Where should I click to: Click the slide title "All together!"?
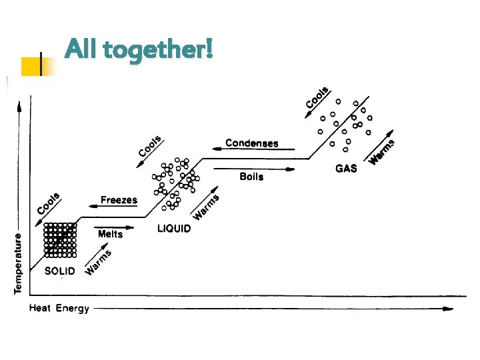point(139,49)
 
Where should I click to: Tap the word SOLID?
point(60,271)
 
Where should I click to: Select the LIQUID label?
point(174,229)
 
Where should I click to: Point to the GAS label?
point(346,169)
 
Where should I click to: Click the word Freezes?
point(119,199)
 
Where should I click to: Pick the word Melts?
point(110,234)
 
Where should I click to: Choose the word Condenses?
point(251,143)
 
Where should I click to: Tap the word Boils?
point(251,177)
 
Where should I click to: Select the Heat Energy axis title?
point(59,309)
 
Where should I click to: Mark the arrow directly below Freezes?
point(111,207)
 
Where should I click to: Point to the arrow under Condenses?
point(253,150)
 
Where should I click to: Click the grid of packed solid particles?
point(61,239)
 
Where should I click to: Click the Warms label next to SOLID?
point(98,262)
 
